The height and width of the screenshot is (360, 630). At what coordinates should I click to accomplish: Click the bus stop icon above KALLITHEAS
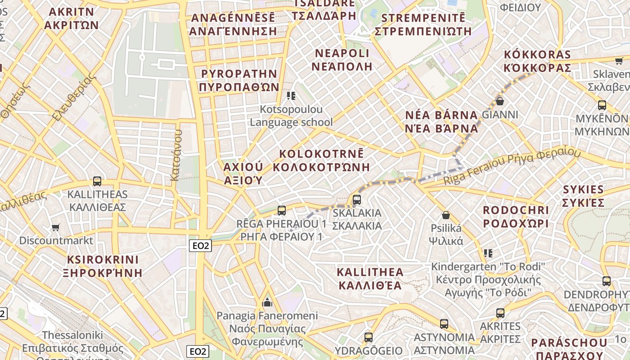[x=97, y=181]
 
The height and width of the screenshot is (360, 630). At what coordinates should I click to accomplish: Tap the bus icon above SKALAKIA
[x=357, y=199]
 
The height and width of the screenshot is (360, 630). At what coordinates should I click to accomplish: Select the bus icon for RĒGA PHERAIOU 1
[x=282, y=210]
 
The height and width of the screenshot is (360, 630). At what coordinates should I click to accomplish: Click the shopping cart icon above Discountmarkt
[x=55, y=227]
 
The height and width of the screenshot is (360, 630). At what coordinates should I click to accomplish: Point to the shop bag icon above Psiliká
[x=446, y=215]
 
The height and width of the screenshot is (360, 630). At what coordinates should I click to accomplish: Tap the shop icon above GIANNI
[x=499, y=101]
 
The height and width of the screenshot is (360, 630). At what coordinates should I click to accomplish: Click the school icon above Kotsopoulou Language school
[x=291, y=95]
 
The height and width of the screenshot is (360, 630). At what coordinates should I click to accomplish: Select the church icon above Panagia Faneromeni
[x=267, y=301]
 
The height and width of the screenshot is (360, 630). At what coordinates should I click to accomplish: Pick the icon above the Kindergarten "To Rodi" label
[x=488, y=253]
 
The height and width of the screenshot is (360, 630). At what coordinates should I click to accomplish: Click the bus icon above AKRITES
[x=500, y=313]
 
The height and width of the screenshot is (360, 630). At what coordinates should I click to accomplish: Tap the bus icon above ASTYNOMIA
[x=444, y=324]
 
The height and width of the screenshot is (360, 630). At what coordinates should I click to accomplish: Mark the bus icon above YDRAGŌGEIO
[x=369, y=337]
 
